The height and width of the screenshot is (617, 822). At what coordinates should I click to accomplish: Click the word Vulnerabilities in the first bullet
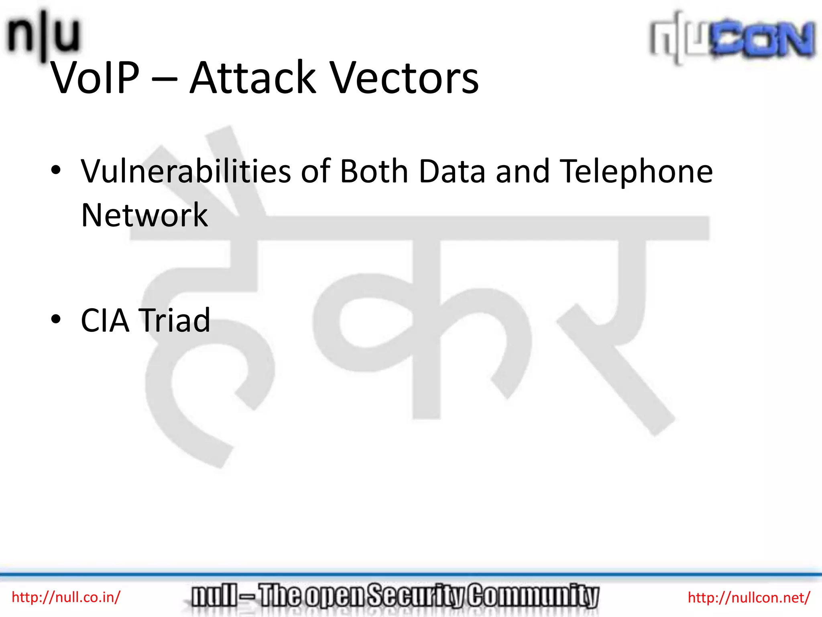tap(185, 172)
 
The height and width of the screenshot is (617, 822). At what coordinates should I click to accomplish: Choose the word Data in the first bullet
tap(452, 172)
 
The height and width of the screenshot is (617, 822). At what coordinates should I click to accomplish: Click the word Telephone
tap(636, 172)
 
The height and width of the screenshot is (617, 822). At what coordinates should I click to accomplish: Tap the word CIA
tap(105, 321)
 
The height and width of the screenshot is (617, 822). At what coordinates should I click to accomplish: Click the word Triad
tap(174, 321)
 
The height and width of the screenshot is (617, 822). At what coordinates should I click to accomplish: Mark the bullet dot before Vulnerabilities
tap(56, 170)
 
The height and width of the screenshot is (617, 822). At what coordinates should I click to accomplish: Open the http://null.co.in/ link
tap(66, 597)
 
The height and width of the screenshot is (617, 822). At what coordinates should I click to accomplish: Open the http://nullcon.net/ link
tap(749, 598)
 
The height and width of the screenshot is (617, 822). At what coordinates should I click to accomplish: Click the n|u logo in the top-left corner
tap(43, 36)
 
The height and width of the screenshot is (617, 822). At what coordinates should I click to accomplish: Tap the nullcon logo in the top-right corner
tap(732, 38)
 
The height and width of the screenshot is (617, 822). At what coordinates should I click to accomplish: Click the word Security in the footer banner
tap(417, 596)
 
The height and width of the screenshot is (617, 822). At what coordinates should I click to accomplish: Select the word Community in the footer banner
tap(534, 596)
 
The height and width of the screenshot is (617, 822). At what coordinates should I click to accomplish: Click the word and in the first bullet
tap(523, 172)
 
